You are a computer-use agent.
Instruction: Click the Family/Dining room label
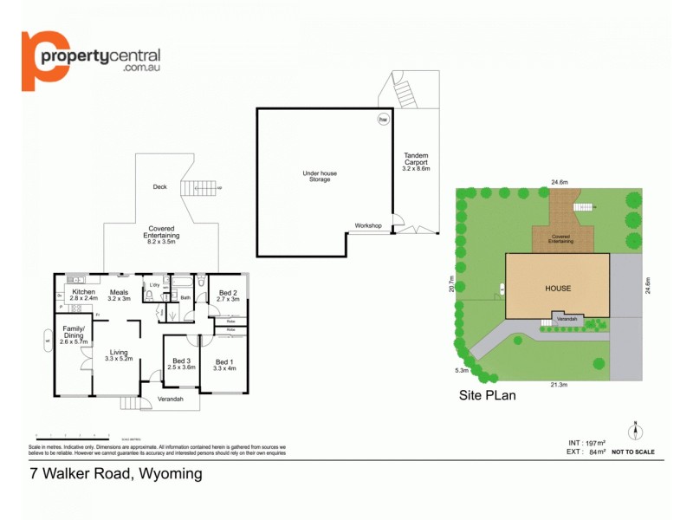tap(72, 332)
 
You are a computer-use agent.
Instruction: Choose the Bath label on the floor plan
tap(185, 297)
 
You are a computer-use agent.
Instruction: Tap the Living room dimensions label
tap(119, 358)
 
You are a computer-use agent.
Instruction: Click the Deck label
tap(159, 186)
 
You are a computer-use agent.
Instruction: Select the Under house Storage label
tap(320, 176)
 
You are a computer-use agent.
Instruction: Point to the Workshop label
tap(368, 225)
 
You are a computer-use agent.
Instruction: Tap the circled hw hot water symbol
tap(382, 120)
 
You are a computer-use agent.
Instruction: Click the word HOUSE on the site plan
tap(558, 288)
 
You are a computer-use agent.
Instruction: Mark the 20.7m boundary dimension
tap(452, 284)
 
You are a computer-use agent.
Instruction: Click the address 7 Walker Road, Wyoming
tap(116, 473)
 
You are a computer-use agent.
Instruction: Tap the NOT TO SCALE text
tap(633, 452)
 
